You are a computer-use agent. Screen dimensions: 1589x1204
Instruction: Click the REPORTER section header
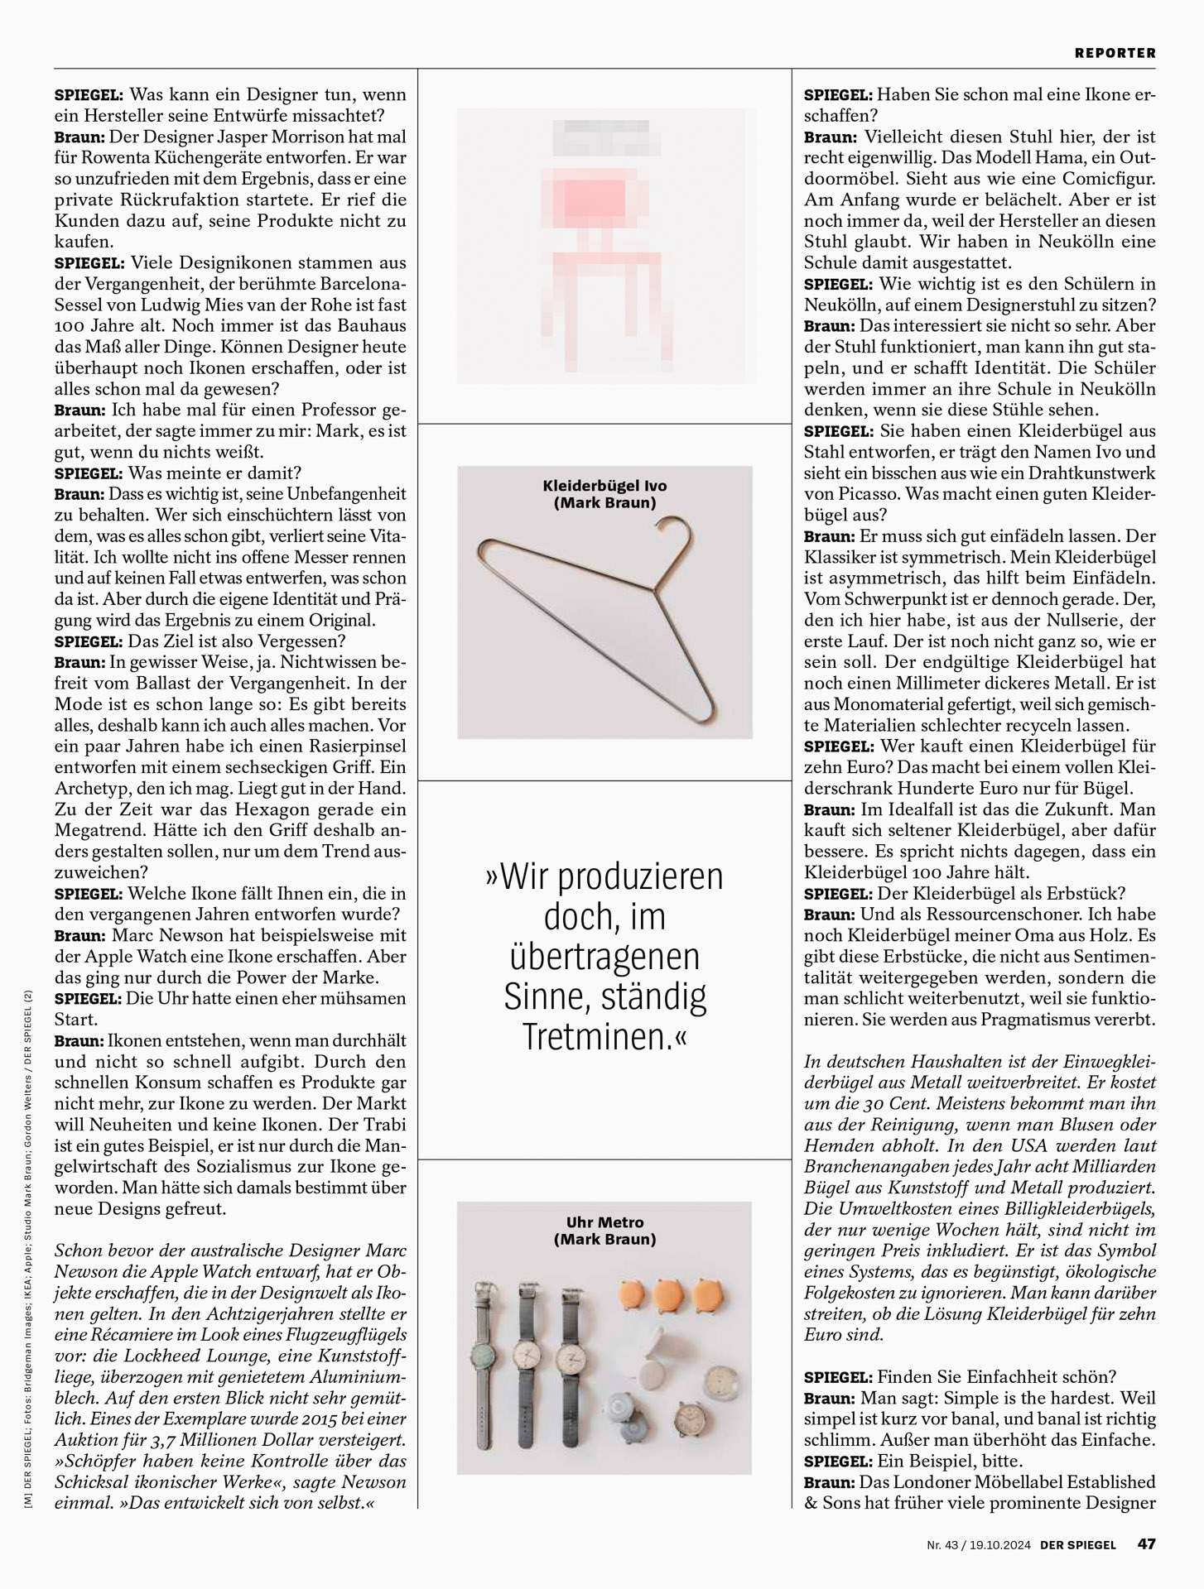[1115, 53]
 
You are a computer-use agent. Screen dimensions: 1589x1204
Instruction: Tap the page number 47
[1146, 1544]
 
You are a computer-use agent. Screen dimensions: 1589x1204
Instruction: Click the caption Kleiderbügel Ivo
[604, 486]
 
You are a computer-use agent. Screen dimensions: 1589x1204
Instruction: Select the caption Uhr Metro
[604, 1222]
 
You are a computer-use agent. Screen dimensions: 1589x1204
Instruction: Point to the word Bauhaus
[369, 326]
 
